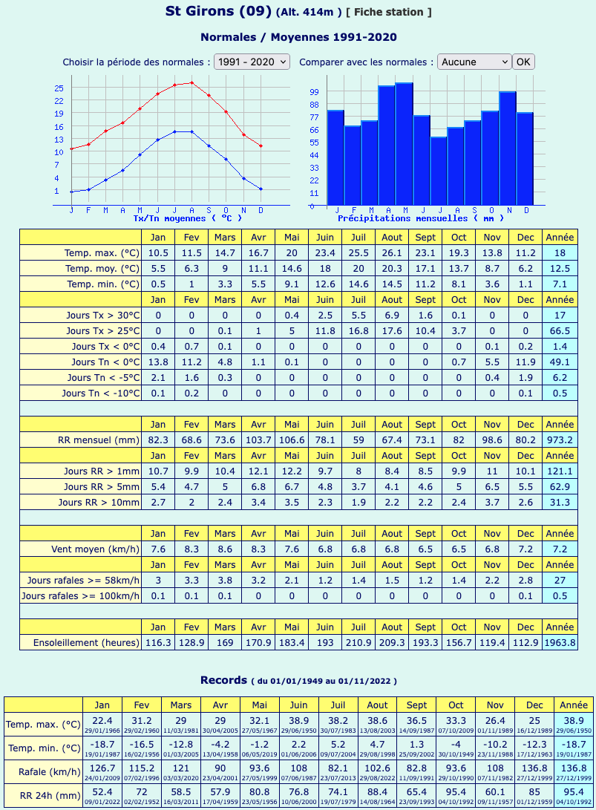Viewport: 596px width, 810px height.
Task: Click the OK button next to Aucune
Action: (523, 62)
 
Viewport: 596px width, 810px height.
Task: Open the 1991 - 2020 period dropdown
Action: (252, 62)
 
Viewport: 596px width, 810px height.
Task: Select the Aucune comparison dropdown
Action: (474, 62)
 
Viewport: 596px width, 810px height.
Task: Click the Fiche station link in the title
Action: (388, 12)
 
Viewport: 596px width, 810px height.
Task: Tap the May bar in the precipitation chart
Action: (405, 144)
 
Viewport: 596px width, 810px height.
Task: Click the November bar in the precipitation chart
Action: (508, 148)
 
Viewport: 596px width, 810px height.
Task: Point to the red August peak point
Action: (191, 82)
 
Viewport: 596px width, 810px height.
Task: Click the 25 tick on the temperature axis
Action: (59, 88)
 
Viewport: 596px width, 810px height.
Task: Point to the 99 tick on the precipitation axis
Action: (314, 92)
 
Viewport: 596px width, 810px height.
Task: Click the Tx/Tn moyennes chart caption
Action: (188, 218)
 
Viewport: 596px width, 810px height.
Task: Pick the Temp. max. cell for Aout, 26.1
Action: (392, 252)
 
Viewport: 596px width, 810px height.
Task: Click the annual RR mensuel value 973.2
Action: (560, 440)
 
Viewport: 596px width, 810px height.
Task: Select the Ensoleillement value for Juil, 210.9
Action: (358, 643)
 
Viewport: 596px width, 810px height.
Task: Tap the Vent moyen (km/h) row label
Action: (95, 549)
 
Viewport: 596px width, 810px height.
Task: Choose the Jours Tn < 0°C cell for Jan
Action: (158, 362)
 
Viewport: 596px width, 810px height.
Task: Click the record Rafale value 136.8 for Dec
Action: (534, 768)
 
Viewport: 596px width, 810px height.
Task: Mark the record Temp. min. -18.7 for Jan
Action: (102, 745)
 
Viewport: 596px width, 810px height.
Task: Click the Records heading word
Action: (223, 680)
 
